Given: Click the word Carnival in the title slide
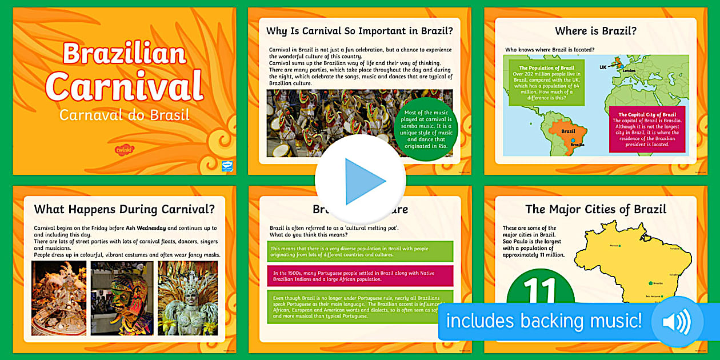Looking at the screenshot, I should click(x=124, y=85).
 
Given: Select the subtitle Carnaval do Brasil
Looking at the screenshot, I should click(x=124, y=115).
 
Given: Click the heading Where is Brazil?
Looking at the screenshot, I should click(x=595, y=31).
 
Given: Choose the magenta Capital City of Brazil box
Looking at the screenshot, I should click(x=647, y=129).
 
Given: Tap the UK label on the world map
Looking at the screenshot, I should click(x=602, y=67).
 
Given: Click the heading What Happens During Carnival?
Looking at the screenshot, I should click(x=124, y=209).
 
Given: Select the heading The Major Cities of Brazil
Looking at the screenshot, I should click(x=596, y=209).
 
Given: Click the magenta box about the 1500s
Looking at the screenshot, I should click(x=360, y=276).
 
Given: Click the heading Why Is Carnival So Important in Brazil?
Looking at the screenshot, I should click(x=359, y=31).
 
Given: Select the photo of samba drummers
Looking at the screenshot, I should click(x=329, y=123).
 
